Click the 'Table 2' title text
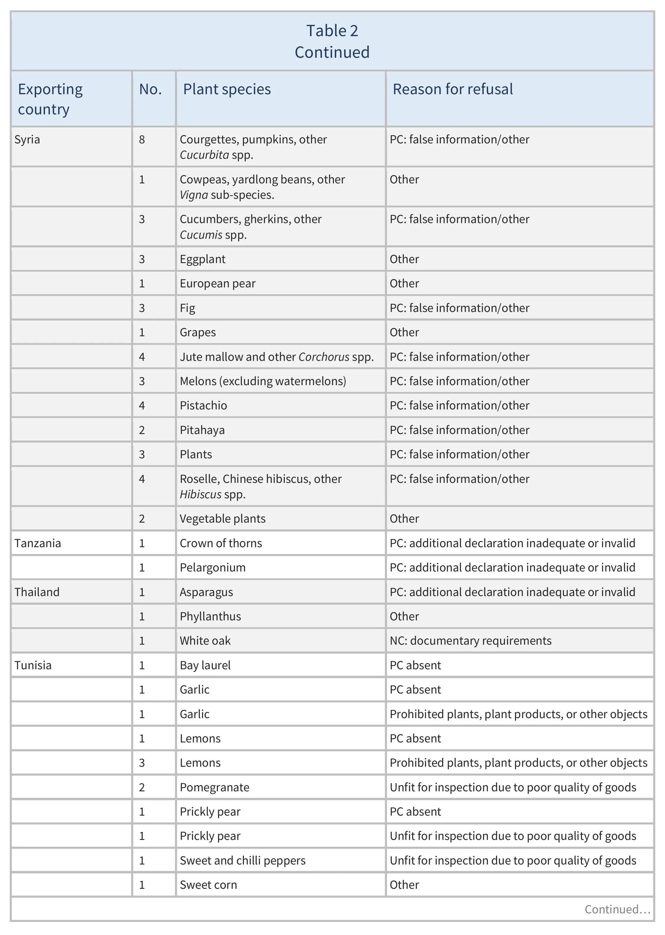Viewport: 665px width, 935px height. (x=332, y=31)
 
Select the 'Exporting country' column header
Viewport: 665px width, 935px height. (x=50, y=99)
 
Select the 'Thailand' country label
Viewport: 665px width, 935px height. (x=37, y=592)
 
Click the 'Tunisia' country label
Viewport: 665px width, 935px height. (x=33, y=665)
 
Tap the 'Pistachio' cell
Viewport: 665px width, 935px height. (x=203, y=405)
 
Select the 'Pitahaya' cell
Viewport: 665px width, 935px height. (x=202, y=430)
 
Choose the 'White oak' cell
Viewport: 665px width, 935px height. (x=205, y=641)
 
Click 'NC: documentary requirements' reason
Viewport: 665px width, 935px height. (x=470, y=641)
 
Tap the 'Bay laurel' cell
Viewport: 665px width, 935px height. (x=205, y=665)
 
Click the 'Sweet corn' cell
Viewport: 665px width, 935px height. (x=208, y=885)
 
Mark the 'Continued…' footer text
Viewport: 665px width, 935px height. (x=617, y=909)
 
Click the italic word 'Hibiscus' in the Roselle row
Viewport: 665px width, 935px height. (x=200, y=494)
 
